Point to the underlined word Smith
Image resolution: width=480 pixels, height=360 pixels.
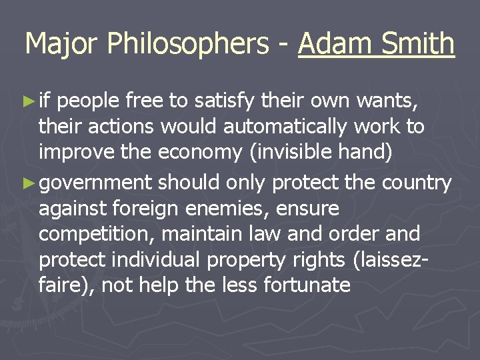(x=417, y=45)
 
